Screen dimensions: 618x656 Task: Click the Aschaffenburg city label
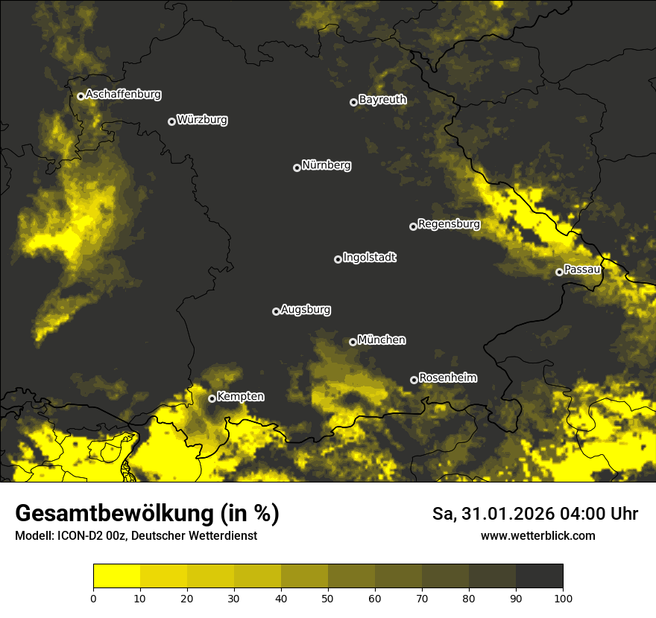click(123, 95)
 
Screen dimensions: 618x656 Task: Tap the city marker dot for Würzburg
click(171, 121)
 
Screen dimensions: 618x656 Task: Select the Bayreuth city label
click(382, 100)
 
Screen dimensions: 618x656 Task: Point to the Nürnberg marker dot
click(297, 168)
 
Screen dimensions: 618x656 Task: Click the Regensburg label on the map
click(449, 224)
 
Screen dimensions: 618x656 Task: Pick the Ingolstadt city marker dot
click(338, 259)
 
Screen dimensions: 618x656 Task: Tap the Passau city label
click(582, 270)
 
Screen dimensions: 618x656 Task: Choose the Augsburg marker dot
click(276, 311)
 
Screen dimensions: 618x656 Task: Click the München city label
click(382, 340)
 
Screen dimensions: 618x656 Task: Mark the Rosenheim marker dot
click(414, 380)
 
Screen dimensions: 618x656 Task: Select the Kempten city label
click(240, 397)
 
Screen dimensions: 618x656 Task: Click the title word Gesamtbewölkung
click(113, 514)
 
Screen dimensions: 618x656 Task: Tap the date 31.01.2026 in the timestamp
click(508, 514)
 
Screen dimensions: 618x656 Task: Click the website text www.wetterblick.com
click(537, 536)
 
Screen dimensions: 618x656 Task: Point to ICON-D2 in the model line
click(78, 536)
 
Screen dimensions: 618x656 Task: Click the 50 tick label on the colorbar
click(328, 598)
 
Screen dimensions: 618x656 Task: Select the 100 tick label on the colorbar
click(563, 598)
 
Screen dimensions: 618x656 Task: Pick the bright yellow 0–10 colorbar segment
click(116, 576)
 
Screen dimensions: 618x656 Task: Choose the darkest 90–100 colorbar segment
click(539, 576)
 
